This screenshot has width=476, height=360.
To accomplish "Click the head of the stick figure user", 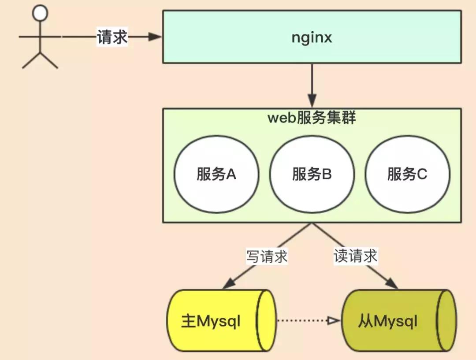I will (x=40, y=14).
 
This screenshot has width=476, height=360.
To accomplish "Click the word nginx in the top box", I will (x=312, y=37).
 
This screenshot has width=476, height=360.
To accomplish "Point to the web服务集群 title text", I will (x=312, y=118).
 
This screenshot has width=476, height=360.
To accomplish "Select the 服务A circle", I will (x=216, y=174).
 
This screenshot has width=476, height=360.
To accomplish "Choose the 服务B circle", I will (x=312, y=174).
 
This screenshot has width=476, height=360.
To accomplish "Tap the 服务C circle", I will (x=408, y=174).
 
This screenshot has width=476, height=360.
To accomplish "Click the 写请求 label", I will (x=267, y=256).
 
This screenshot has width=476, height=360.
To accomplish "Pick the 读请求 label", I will (x=355, y=256).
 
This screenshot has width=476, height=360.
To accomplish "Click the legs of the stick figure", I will (x=40, y=60).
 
